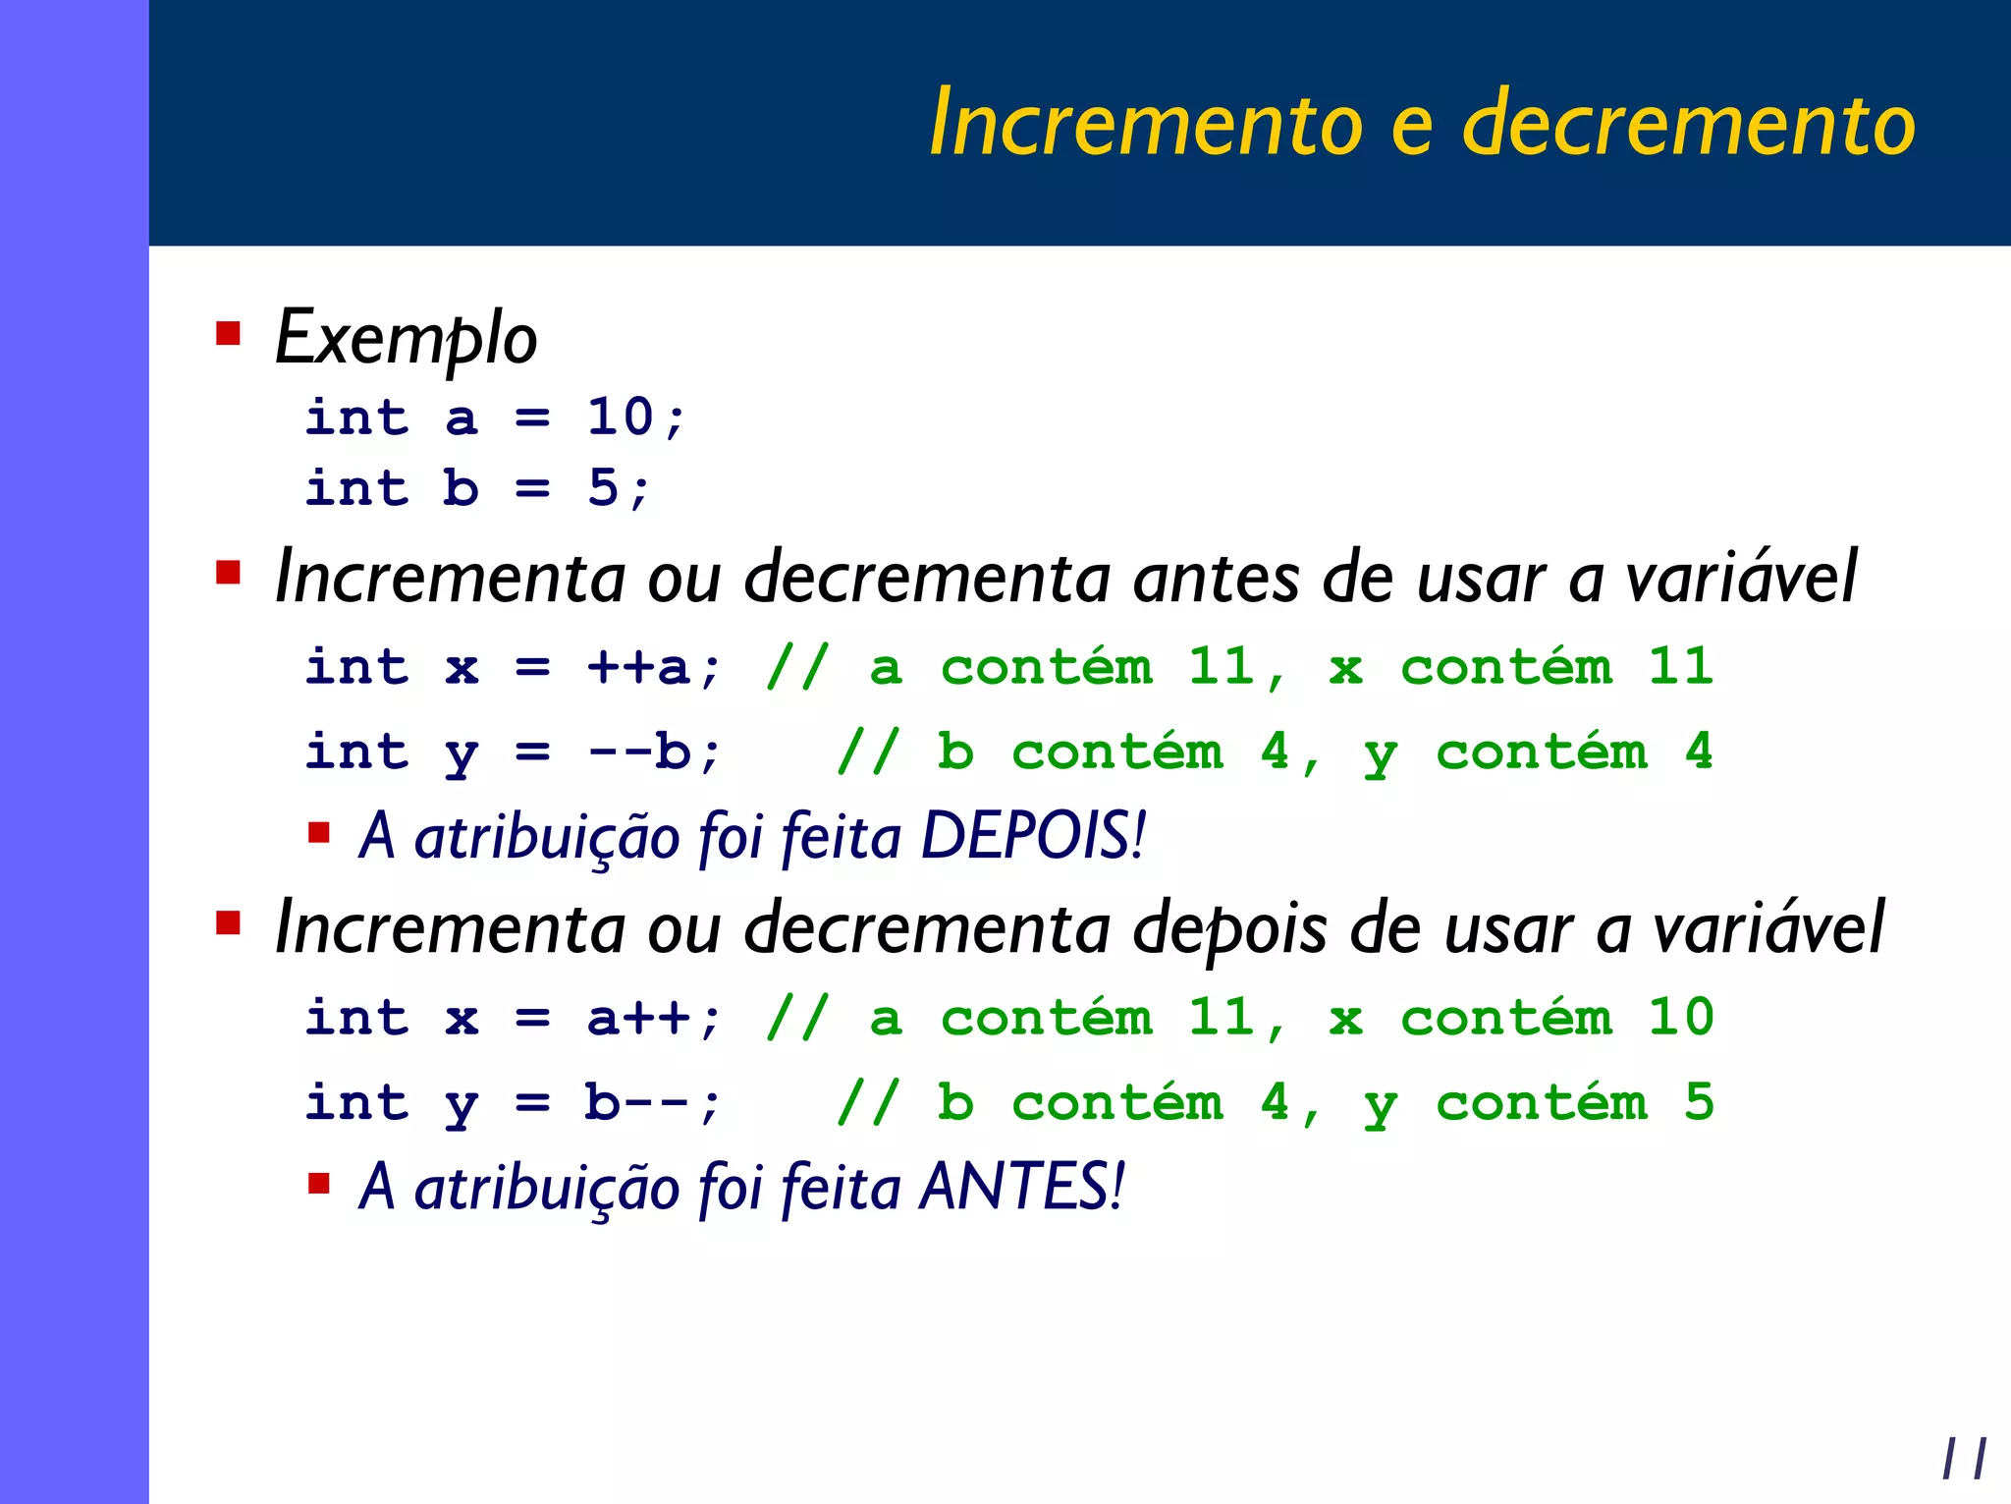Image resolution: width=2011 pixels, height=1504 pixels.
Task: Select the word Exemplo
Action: click(x=406, y=338)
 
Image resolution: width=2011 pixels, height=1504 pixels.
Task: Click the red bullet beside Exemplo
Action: click(x=229, y=334)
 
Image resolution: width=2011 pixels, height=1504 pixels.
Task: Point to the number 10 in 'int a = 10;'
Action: click(x=621, y=417)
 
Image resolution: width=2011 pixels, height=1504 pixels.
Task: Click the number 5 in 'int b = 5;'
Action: click(x=603, y=488)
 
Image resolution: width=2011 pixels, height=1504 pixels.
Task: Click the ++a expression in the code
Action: click(x=639, y=668)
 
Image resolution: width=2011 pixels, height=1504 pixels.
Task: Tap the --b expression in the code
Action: click(x=639, y=752)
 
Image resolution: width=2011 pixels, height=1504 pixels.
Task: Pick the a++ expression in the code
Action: click(x=639, y=1018)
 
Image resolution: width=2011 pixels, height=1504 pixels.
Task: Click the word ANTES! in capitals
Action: click(x=1022, y=1187)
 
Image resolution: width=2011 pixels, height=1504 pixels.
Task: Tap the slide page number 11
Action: click(x=1964, y=1459)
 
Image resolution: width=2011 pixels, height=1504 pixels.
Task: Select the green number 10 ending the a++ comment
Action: click(x=1680, y=1018)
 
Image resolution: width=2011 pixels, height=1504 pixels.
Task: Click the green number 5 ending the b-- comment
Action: click(x=1699, y=1102)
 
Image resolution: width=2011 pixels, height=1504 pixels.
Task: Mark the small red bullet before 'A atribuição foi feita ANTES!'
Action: click(x=318, y=1182)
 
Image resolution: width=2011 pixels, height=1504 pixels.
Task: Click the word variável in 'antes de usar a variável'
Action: click(x=1740, y=578)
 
